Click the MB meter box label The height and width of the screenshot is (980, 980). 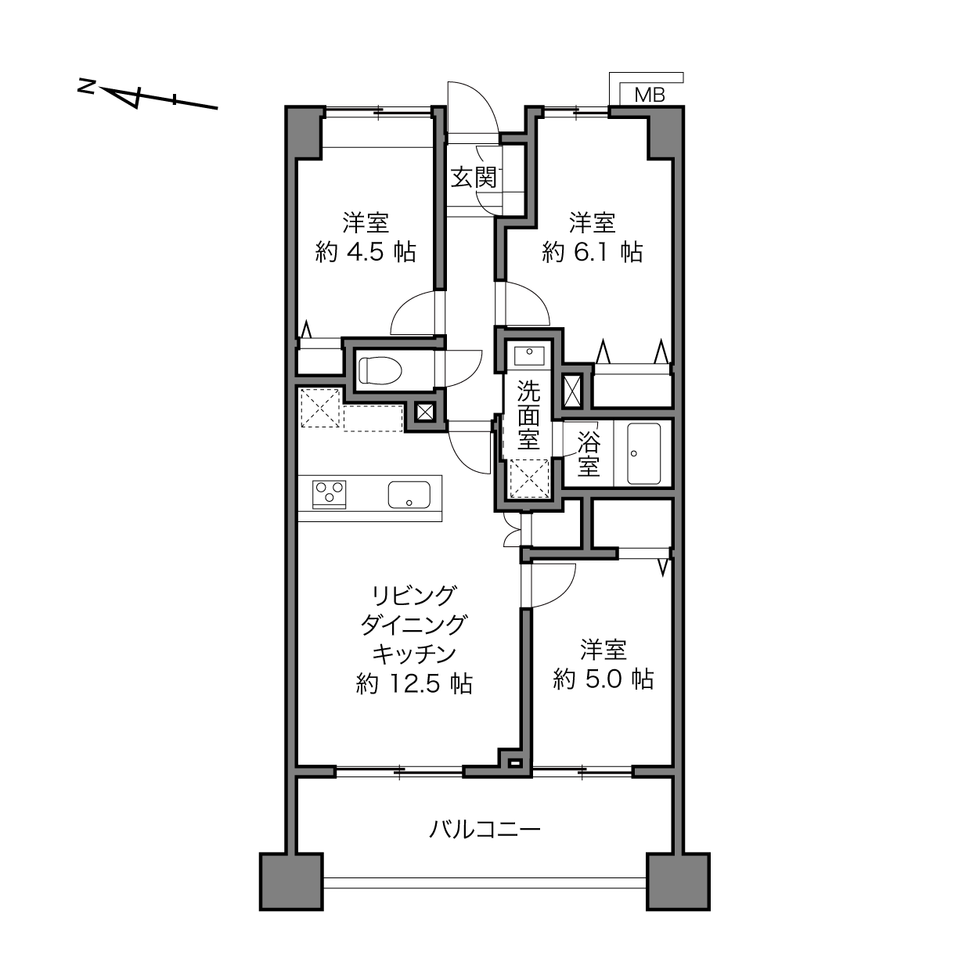click(650, 95)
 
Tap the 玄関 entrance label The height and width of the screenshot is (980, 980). click(474, 178)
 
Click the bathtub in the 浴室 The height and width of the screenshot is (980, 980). click(644, 454)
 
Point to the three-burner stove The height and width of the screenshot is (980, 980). click(330, 494)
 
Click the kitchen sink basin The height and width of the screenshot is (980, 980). click(409, 495)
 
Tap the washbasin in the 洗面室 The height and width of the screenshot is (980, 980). click(529, 356)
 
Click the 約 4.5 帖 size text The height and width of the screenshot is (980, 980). click(366, 252)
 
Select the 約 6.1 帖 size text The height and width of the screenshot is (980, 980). click(593, 252)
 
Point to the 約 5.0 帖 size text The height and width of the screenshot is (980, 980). click(603, 679)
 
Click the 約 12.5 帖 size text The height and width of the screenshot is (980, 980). click(414, 684)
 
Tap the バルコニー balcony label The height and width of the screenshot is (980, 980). click(485, 830)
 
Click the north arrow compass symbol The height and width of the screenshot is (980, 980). click(148, 98)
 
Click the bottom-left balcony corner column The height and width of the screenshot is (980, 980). click(291, 882)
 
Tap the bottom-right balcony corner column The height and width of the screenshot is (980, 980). click(679, 882)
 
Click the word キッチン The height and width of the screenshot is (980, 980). click(414, 654)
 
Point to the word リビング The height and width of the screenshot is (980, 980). click(414, 596)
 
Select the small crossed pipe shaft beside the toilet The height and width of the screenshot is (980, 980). click(425, 412)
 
